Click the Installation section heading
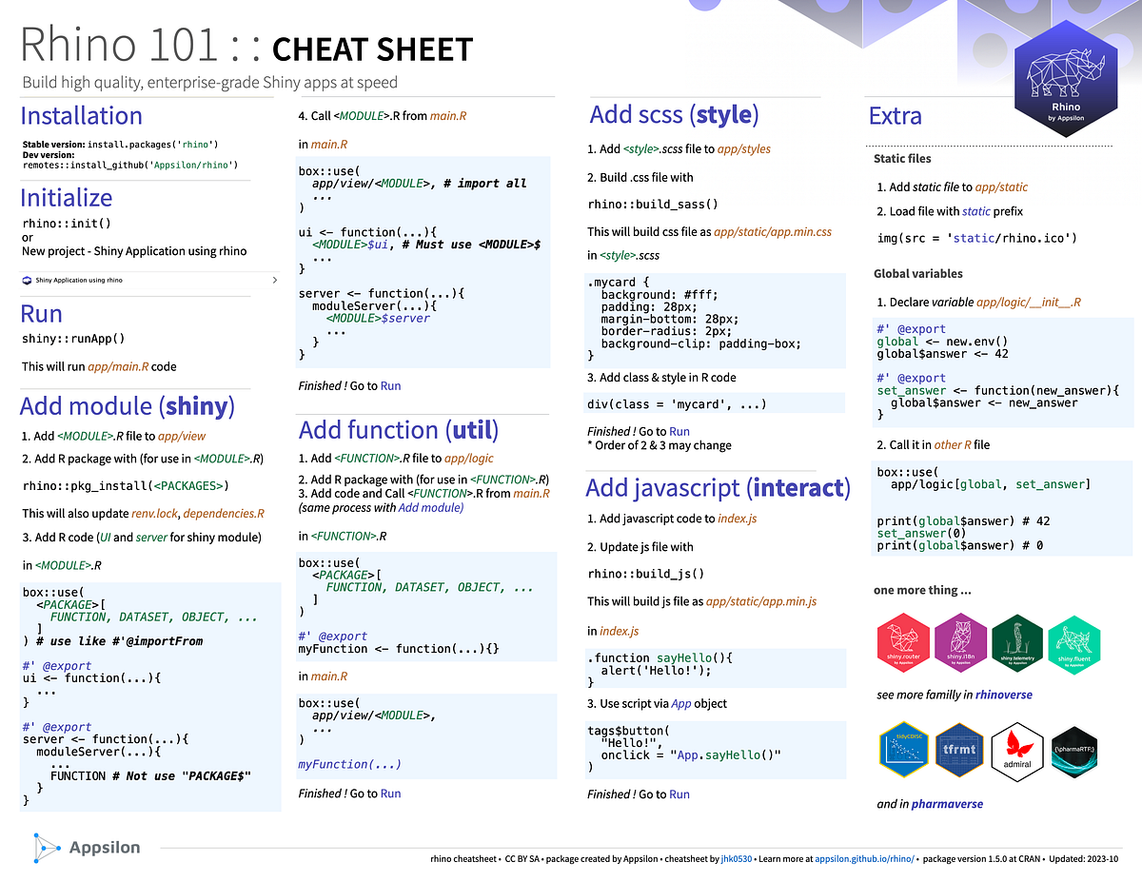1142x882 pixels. pyautogui.click(x=82, y=116)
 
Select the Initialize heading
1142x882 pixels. pyautogui.click(x=67, y=198)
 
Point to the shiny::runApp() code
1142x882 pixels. pyautogui.click(x=73, y=338)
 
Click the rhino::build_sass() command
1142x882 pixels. pyautogui.click(x=653, y=204)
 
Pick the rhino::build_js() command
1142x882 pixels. pyautogui.click(x=646, y=574)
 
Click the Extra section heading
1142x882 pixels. pyautogui.click(x=896, y=116)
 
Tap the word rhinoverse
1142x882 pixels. pyautogui.click(x=1003, y=695)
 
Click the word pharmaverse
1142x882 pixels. pyautogui.click(x=947, y=804)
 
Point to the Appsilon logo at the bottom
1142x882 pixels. pyautogui.click(x=86, y=847)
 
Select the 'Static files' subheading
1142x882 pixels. pyautogui.click(x=902, y=158)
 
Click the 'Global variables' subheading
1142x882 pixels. pyautogui.click(x=918, y=274)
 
